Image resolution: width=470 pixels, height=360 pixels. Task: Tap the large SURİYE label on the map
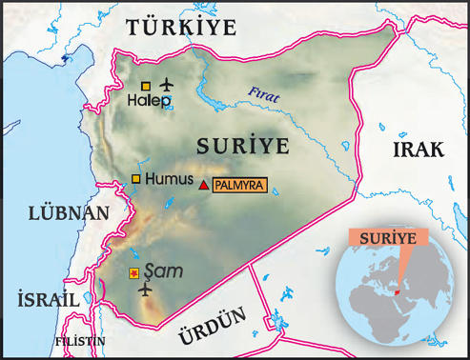click(242, 146)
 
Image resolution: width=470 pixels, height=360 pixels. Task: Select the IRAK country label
click(417, 151)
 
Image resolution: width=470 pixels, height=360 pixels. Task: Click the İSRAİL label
click(47, 298)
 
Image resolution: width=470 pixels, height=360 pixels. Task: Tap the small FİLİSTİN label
click(79, 341)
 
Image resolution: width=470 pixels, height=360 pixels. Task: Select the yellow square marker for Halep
click(145, 86)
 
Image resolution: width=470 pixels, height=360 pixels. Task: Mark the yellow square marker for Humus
click(135, 179)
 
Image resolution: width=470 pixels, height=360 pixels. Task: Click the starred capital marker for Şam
click(133, 274)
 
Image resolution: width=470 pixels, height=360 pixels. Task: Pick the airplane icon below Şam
click(146, 288)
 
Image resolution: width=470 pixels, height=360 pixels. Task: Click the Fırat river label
click(262, 92)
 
